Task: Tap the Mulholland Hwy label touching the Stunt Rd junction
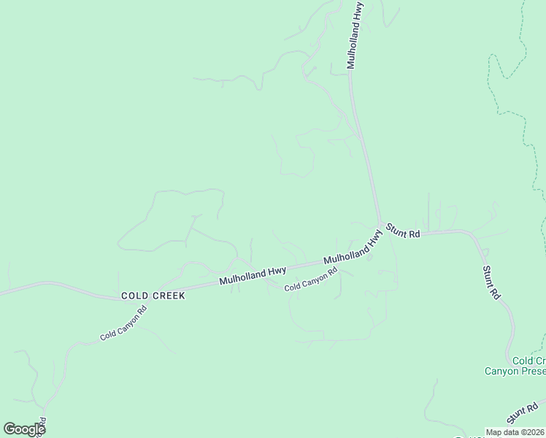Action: tap(353, 250)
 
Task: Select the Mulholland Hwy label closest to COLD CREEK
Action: tap(253, 276)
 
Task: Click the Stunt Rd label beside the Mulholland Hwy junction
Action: tap(403, 230)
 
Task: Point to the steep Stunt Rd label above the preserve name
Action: tap(491, 283)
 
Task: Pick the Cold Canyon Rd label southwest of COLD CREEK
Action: tap(123, 323)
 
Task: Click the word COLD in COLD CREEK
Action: tap(135, 296)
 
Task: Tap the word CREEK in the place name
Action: tap(168, 296)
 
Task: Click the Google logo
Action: tap(23, 429)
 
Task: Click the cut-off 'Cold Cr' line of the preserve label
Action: tap(528, 361)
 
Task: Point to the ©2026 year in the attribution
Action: tap(533, 432)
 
